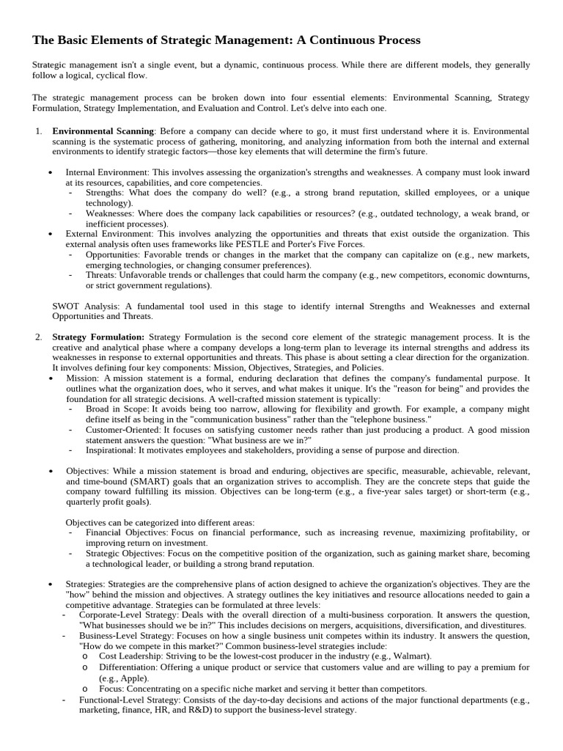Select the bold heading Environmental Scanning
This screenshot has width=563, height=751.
(x=103, y=131)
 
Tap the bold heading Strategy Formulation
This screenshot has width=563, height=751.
(x=98, y=337)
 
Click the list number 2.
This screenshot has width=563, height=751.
(x=38, y=337)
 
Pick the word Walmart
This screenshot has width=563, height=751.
(x=413, y=656)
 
